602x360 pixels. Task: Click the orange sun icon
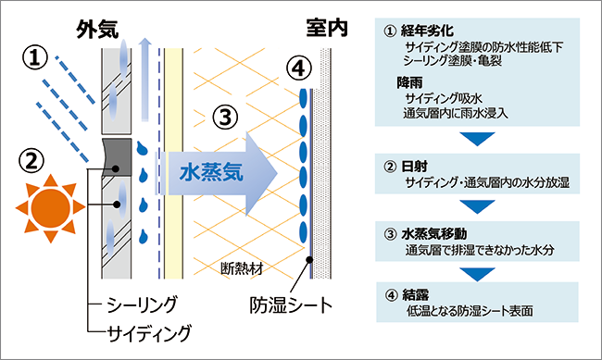pos(50,208)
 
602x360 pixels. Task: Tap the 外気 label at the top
pos(97,30)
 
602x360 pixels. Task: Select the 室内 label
pos(327,28)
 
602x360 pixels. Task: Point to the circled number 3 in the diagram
pos(225,117)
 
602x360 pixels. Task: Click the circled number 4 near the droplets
pos(298,68)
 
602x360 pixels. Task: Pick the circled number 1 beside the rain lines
pos(35,58)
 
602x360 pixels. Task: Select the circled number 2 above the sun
pos(31,161)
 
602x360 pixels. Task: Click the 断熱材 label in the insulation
pos(242,268)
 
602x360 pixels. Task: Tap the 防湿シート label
pos(291,305)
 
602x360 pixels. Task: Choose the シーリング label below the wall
pos(142,305)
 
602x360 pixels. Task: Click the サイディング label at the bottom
pos(148,333)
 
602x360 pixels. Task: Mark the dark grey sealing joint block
pos(117,157)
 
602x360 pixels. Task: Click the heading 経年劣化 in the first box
pos(427,31)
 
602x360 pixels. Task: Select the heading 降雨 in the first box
pos(409,82)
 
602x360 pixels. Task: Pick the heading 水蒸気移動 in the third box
pos(433,234)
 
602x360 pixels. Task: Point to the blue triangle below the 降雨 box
pos(477,138)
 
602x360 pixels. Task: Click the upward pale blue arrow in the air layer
pos(144,80)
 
